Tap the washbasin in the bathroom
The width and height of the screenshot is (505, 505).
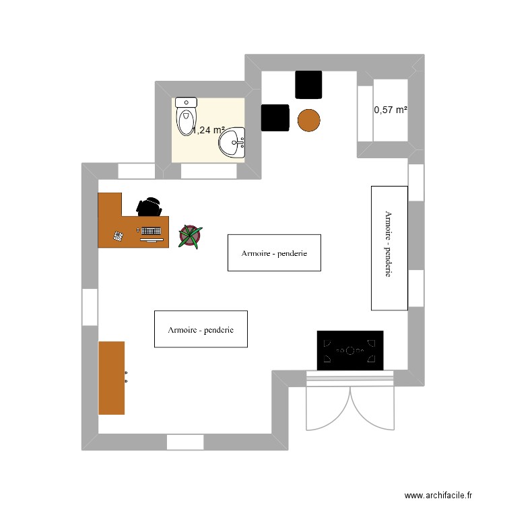tap(235, 143)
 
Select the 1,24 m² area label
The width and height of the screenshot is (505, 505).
tap(208, 131)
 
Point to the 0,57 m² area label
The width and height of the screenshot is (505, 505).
tap(391, 110)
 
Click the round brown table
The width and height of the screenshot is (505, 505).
tap(309, 121)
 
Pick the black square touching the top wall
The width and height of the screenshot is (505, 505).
tap(309, 84)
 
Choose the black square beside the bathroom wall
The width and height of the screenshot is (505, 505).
tap(275, 118)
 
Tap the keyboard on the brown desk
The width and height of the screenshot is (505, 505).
tap(151, 232)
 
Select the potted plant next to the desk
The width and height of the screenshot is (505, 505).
tap(191, 236)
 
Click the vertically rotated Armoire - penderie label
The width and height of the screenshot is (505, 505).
tap(389, 248)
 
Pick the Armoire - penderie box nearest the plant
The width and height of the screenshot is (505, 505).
tap(274, 252)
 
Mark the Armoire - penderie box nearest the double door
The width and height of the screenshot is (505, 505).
tap(201, 329)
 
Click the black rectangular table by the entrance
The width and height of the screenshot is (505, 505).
tap(350, 350)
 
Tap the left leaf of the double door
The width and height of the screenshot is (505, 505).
tap(328, 408)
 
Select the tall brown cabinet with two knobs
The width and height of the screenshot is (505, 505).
tap(112, 378)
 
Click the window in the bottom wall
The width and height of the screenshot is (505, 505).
tap(185, 442)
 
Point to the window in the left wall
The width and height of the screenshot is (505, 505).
tap(90, 307)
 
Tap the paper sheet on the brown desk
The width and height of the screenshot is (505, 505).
tap(119, 236)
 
